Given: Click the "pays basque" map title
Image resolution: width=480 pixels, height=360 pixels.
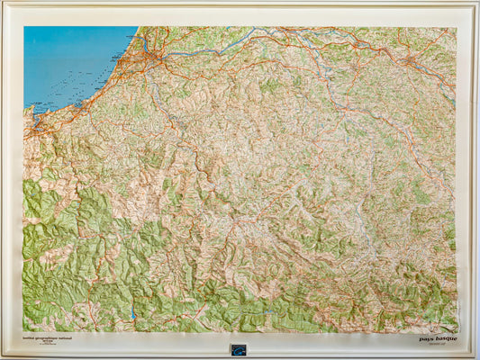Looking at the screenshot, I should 438,338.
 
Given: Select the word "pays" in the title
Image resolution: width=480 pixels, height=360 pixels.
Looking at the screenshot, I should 426,338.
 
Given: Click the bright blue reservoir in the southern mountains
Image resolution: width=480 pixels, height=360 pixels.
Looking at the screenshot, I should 133,311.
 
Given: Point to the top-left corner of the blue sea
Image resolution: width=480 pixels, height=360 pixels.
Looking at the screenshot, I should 25,28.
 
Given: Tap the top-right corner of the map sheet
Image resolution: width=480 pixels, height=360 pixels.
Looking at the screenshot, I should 456,28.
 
